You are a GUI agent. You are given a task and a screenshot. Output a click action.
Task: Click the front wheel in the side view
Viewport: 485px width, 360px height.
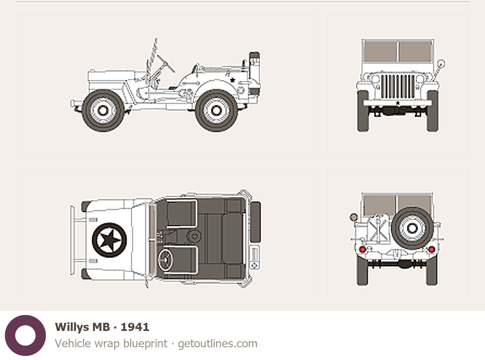tap(103, 110)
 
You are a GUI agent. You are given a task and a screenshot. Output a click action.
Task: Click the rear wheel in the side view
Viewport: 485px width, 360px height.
tap(217, 110)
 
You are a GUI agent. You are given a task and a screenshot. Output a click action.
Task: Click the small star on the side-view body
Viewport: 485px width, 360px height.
tap(232, 80)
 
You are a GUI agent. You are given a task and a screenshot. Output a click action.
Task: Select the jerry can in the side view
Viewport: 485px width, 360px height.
tap(254, 73)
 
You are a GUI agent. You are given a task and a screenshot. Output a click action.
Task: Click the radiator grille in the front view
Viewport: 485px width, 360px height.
tap(397, 86)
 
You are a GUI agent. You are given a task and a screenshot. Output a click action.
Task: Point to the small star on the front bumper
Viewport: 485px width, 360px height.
tap(398, 103)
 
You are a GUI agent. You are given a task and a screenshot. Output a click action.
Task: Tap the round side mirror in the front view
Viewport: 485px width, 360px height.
tap(441, 64)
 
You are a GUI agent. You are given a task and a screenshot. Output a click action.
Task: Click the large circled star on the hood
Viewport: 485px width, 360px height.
tap(110, 240)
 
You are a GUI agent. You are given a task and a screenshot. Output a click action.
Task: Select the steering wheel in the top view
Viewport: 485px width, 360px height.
tap(165, 260)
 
